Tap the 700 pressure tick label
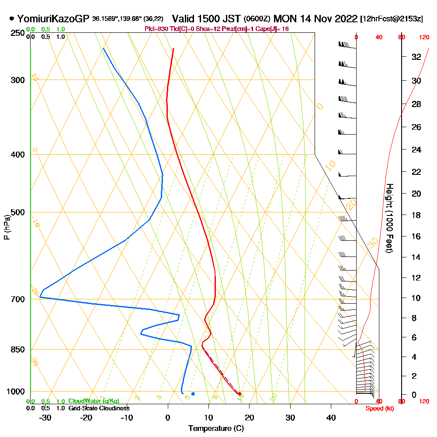coord(17,299)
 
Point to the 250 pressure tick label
coord(17,33)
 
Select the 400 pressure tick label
coord(17,155)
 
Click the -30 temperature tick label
coord(45,418)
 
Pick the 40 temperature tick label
coord(331,418)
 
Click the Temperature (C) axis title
coord(216,429)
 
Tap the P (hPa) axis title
coord(7,227)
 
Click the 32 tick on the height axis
coord(416,57)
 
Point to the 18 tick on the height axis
coord(416,215)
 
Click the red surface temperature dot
coord(239,394)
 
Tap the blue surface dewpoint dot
coord(193,394)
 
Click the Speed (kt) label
coord(378,409)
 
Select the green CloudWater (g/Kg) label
coord(94,401)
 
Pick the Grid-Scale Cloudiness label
coord(99,408)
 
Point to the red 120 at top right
coord(423,37)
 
